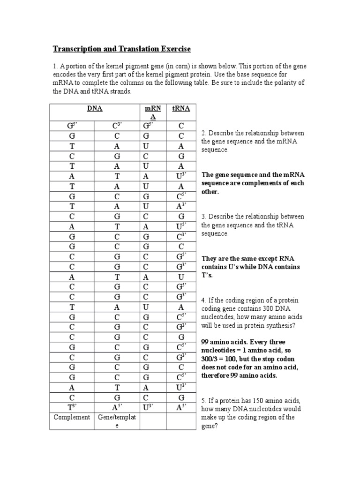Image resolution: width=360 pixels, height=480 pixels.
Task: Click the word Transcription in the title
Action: (x=76, y=49)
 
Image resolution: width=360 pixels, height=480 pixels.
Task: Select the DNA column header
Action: (x=95, y=109)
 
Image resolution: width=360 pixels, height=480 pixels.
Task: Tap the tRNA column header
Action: (x=181, y=109)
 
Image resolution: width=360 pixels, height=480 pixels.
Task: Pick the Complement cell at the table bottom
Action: (x=72, y=417)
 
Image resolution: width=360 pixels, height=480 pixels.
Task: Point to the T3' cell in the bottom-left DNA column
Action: (x=72, y=407)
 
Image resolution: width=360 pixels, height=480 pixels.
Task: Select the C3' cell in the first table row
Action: (x=117, y=125)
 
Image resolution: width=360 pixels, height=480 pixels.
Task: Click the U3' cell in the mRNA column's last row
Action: (x=147, y=407)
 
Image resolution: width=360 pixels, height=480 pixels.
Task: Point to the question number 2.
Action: (x=203, y=133)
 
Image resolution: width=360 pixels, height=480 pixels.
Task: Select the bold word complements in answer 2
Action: (x=252, y=183)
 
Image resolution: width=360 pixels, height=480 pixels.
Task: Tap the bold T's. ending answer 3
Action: (x=207, y=275)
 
